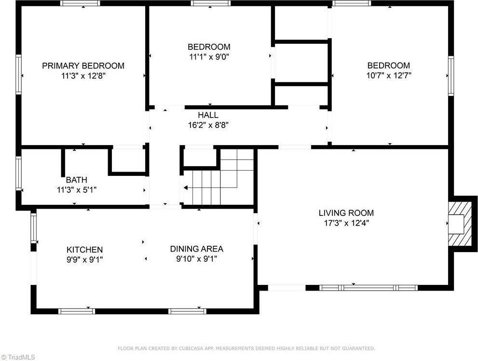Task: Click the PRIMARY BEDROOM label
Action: pyautogui.click(x=83, y=66)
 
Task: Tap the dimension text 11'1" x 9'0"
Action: pyautogui.click(x=209, y=56)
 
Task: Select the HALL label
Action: pyautogui.click(x=208, y=115)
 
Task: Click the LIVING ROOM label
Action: pyautogui.click(x=346, y=213)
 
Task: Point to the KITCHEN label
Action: pyautogui.click(x=84, y=250)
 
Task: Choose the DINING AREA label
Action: pyautogui.click(x=196, y=249)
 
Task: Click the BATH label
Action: pyautogui.click(x=77, y=180)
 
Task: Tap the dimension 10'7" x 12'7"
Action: pyautogui.click(x=389, y=75)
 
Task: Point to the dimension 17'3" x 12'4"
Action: pyautogui.click(x=346, y=223)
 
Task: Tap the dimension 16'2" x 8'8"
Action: pyautogui.click(x=208, y=125)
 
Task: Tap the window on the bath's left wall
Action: pyautogui.click(x=19, y=173)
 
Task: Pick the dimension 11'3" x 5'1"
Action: pyautogui.click(x=77, y=189)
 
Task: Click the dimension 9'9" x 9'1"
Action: pyautogui.click(x=84, y=259)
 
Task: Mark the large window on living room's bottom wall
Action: pyautogui.click(x=368, y=288)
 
